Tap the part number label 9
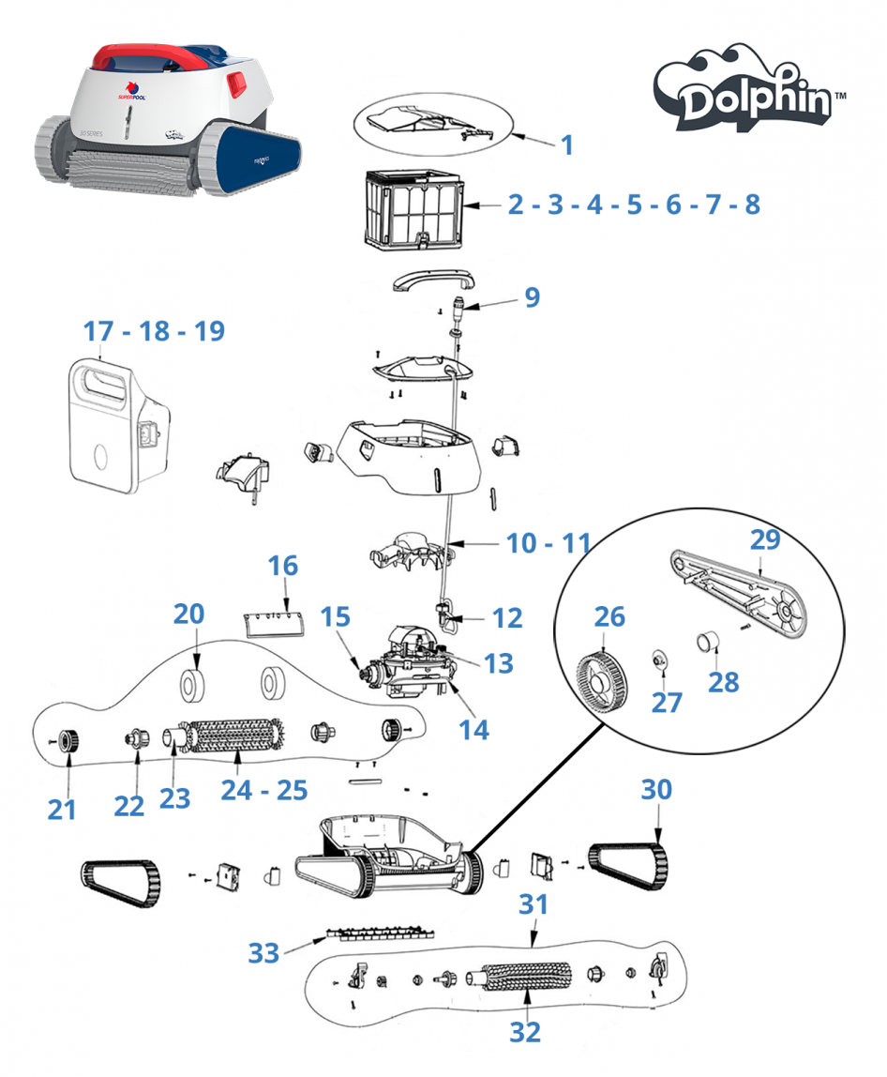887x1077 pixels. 532,297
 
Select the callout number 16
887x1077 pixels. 282,566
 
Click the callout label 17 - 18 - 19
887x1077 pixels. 154,331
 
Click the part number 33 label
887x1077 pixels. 263,953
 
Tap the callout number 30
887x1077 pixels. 656,790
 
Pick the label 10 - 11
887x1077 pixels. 549,542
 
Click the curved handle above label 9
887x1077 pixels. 432,280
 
